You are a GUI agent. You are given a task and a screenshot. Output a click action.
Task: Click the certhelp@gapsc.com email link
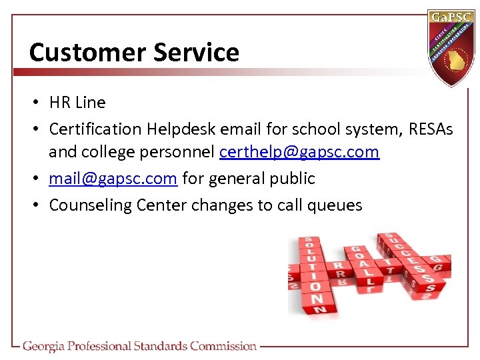click(299, 152)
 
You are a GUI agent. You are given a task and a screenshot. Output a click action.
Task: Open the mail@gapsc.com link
click(113, 179)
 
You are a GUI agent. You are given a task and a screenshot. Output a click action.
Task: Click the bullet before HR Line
click(40, 103)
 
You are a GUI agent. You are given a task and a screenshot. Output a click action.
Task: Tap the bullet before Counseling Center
click(40, 205)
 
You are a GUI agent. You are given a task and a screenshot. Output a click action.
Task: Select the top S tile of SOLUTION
click(309, 241)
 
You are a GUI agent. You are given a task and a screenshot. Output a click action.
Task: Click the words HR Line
click(77, 103)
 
